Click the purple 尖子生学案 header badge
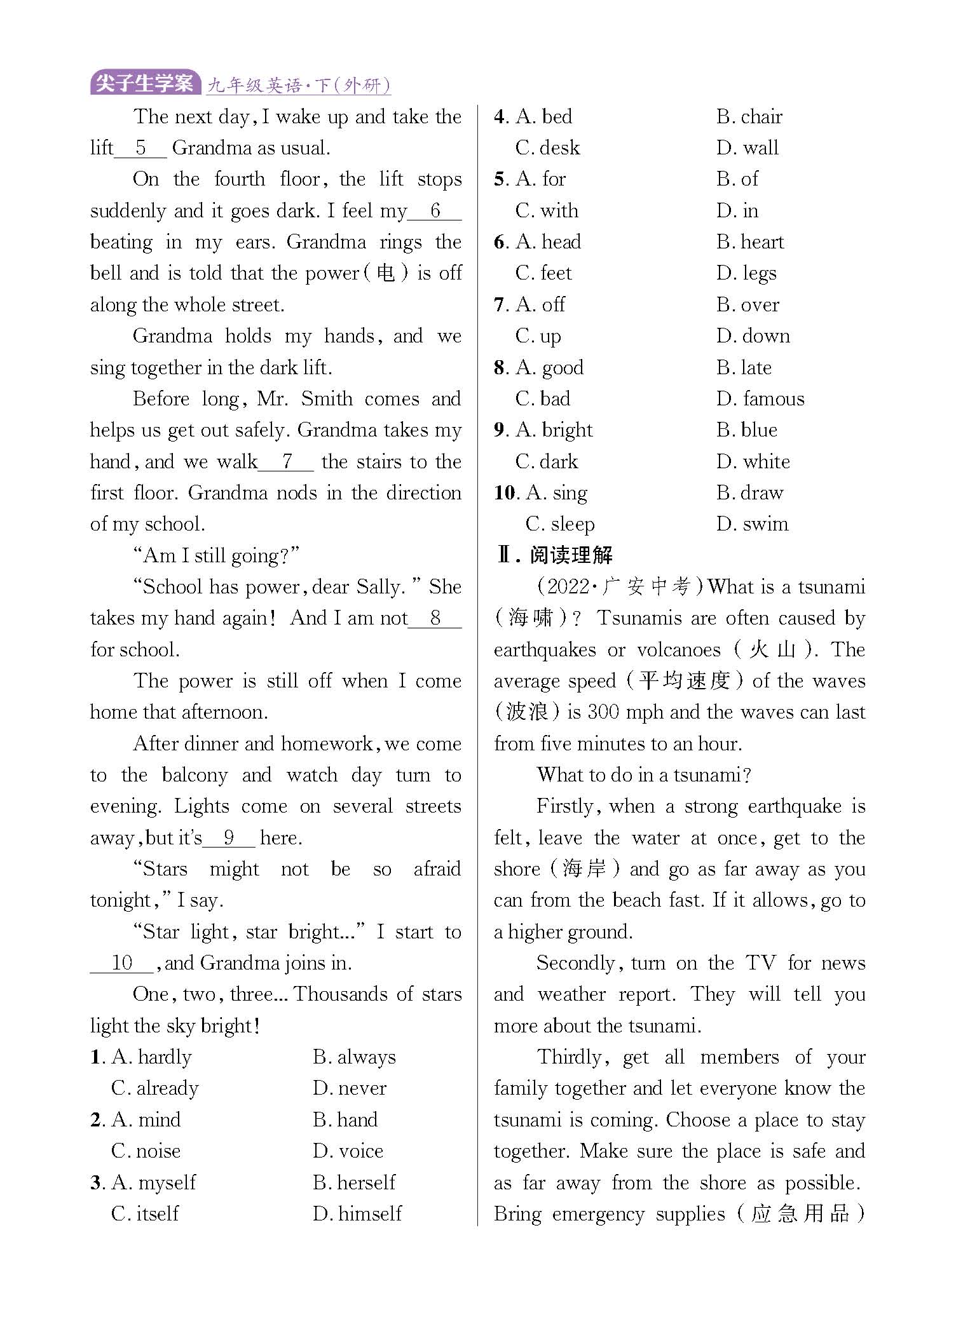(x=145, y=83)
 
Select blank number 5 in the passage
(x=140, y=148)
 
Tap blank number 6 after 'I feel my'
(x=435, y=210)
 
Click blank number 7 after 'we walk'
(x=287, y=461)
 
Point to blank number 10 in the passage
(x=121, y=963)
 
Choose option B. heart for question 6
(x=750, y=242)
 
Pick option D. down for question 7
(x=753, y=336)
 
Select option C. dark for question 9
(x=547, y=462)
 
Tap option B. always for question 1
(x=354, y=1057)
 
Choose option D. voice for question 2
(x=348, y=1151)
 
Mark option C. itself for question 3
(x=145, y=1214)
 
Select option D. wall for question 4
(x=748, y=148)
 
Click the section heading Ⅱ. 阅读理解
(x=554, y=555)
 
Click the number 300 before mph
(x=603, y=712)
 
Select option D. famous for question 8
(x=760, y=399)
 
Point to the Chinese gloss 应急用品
(x=800, y=1213)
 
